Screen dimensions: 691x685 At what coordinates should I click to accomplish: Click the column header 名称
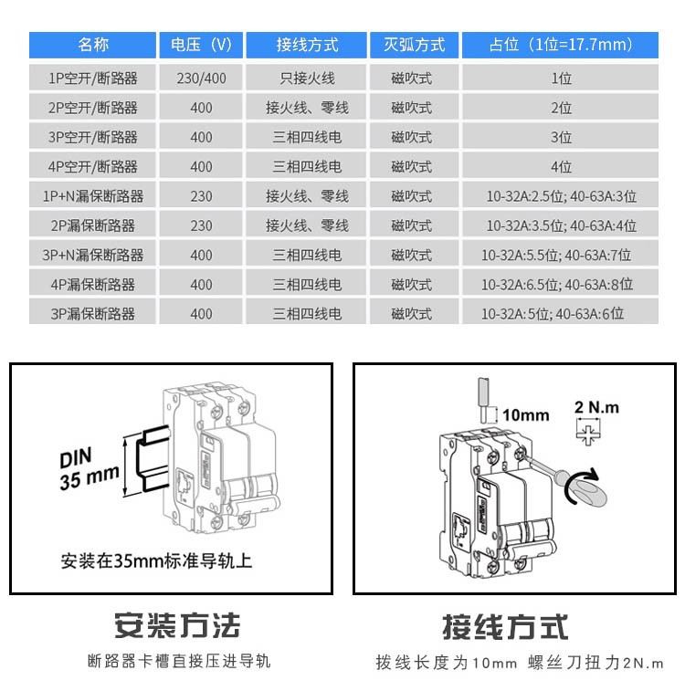coord(93,45)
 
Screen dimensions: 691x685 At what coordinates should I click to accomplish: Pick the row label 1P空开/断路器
coord(93,79)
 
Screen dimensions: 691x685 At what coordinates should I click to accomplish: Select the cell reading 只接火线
coord(307,79)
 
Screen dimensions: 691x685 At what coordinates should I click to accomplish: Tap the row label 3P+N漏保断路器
coord(93,255)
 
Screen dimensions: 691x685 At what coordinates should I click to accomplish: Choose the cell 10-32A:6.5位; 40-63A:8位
coord(561,285)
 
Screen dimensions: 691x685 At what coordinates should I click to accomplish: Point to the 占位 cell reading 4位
coord(561,167)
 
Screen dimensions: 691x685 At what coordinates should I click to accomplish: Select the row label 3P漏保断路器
coord(93,314)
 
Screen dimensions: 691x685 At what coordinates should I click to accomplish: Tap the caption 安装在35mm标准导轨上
coord(156,560)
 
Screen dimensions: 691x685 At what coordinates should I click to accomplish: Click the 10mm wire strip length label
coord(526,415)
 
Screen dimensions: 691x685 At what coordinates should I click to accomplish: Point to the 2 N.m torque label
coord(597,407)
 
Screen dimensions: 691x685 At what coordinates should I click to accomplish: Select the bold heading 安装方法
coord(177,626)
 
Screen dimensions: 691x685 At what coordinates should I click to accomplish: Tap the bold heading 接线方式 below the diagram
coord(505,626)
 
